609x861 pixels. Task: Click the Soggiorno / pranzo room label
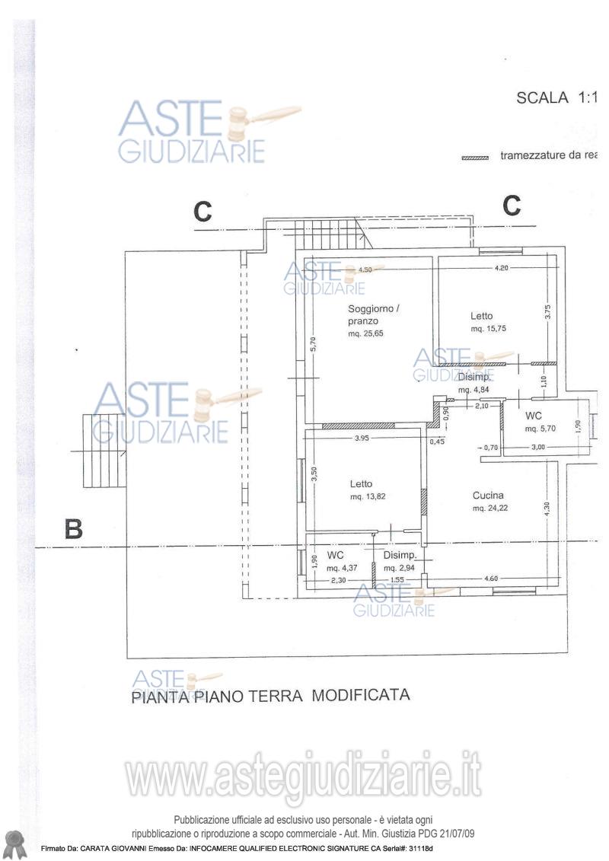point(373,314)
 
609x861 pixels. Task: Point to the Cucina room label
point(487,495)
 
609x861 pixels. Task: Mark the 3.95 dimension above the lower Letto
point(362,438)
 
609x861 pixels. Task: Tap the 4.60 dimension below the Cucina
point(492,579)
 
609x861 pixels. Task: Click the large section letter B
point(74,528)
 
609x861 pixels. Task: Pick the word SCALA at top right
point(543,97)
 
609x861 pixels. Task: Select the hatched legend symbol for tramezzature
point(475,158)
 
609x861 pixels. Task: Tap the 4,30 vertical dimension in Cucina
point(547,509)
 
